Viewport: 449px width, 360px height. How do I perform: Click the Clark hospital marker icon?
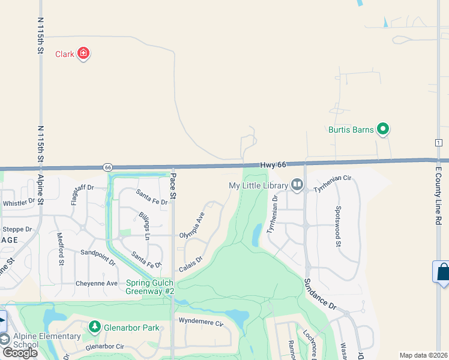tap(83, 54)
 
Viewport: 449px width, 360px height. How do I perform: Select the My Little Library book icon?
tap(297, 185)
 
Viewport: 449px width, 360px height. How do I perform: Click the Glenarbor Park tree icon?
tap(94, 327)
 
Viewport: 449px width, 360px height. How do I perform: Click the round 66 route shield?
tap(107, 167)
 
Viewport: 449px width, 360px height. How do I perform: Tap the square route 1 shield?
tap(439, 142)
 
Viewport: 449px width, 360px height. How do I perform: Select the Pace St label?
tap(173, 187)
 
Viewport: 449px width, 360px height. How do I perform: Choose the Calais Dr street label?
tap(191, 263)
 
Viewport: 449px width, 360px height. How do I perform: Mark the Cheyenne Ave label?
tap(96, 283)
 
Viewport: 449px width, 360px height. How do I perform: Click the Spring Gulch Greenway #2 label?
tap(150, 287)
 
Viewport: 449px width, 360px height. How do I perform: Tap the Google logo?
tap(19, 353)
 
